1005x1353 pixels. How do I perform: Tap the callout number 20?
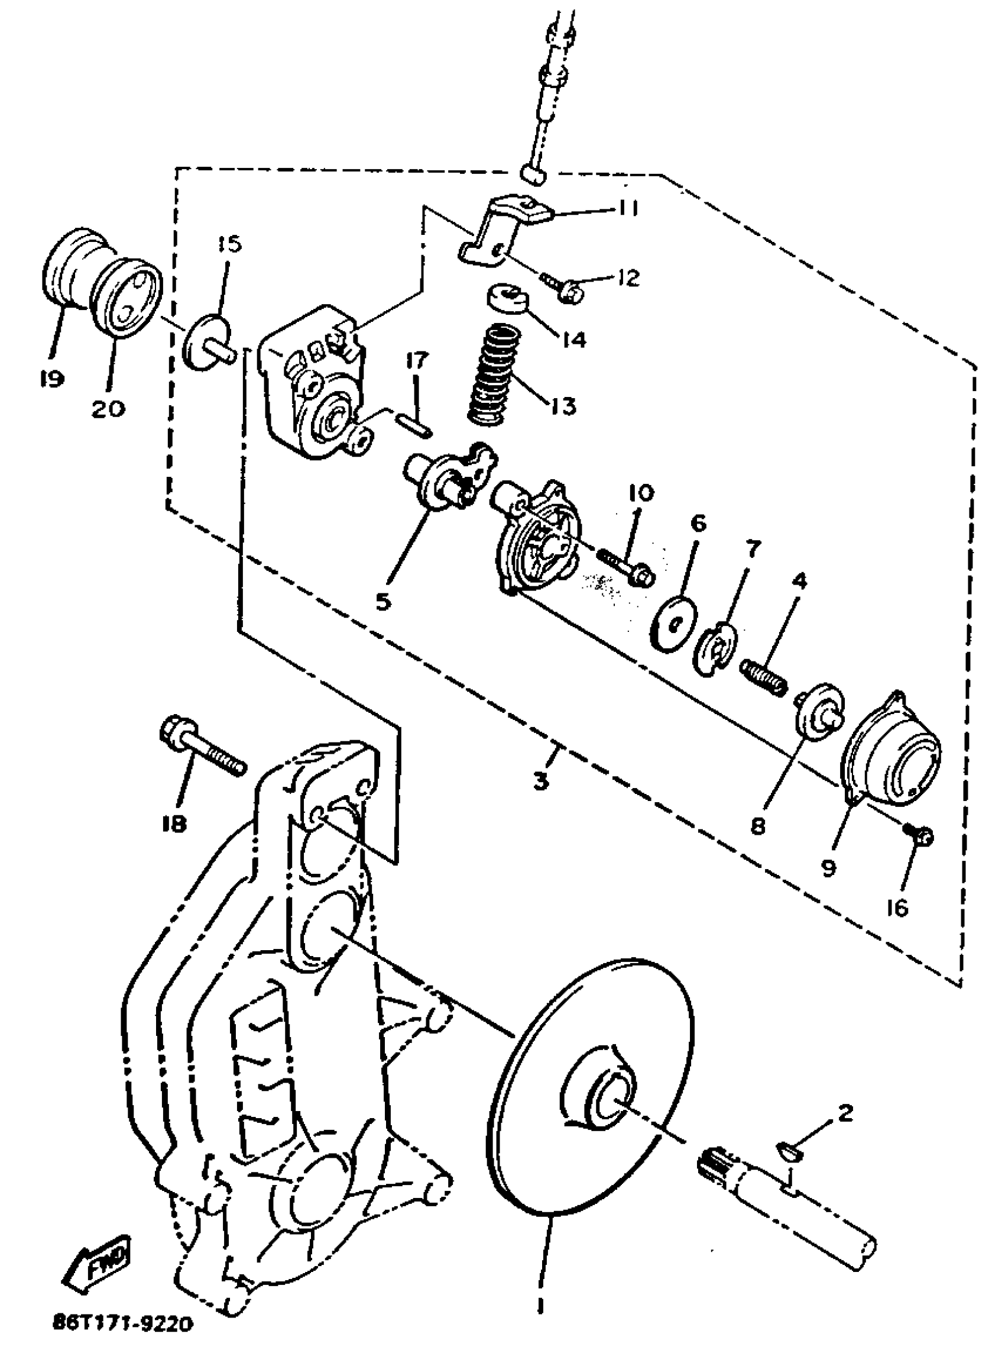[x=109, y=407]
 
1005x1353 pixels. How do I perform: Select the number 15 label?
[x=229, y=244]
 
